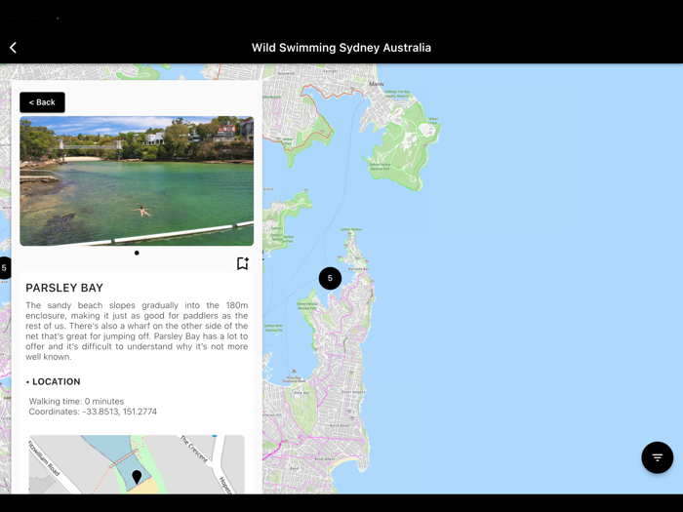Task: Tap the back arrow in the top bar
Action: [14, 47]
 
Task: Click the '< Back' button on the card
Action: [42, 102]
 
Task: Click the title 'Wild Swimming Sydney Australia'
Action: [341, 47]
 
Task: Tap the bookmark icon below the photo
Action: [242, 263]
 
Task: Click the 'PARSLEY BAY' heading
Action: [64, 289]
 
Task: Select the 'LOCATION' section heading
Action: [56, 381]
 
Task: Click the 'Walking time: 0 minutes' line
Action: [76, 401]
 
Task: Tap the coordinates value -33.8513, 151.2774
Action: [119, 412]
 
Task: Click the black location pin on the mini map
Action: [137, 476]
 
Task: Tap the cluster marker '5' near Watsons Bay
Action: [330, 278]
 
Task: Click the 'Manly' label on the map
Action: [377, 84]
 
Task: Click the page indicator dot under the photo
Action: [137, 253]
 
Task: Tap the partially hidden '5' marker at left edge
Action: [4, 267]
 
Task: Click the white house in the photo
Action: [154, 138]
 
